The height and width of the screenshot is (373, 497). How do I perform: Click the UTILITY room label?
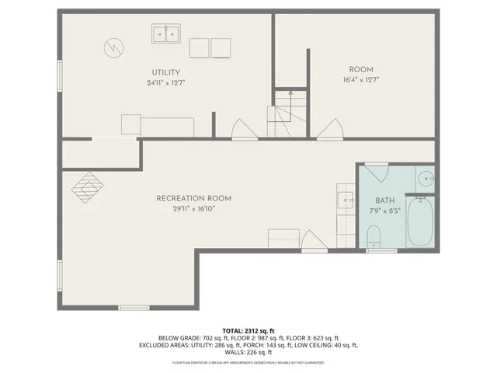(x=165, y=73)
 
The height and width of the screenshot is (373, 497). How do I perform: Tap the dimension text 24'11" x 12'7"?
(x=165, y=82)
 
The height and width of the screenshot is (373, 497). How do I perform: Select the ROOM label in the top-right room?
(x=360, y=69)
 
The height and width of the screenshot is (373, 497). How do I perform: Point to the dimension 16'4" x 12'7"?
(x=360, y=79)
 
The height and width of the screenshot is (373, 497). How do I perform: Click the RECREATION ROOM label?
(x=193, y=198)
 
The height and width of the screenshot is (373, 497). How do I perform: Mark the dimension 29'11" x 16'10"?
(x=193, y=208)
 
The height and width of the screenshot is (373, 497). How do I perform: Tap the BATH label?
(x=385, y=200)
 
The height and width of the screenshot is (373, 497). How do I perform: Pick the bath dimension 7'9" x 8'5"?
(x=385, y=210)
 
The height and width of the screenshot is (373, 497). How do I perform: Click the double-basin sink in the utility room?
(x=165, y=33)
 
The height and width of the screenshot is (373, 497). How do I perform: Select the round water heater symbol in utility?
(x=113, y=48)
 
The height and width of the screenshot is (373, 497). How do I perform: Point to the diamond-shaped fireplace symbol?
(x=87, y=186)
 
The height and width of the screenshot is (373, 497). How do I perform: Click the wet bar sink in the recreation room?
(x=346, y=200)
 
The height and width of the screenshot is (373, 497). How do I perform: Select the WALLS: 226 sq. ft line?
(x=248, y=353)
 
